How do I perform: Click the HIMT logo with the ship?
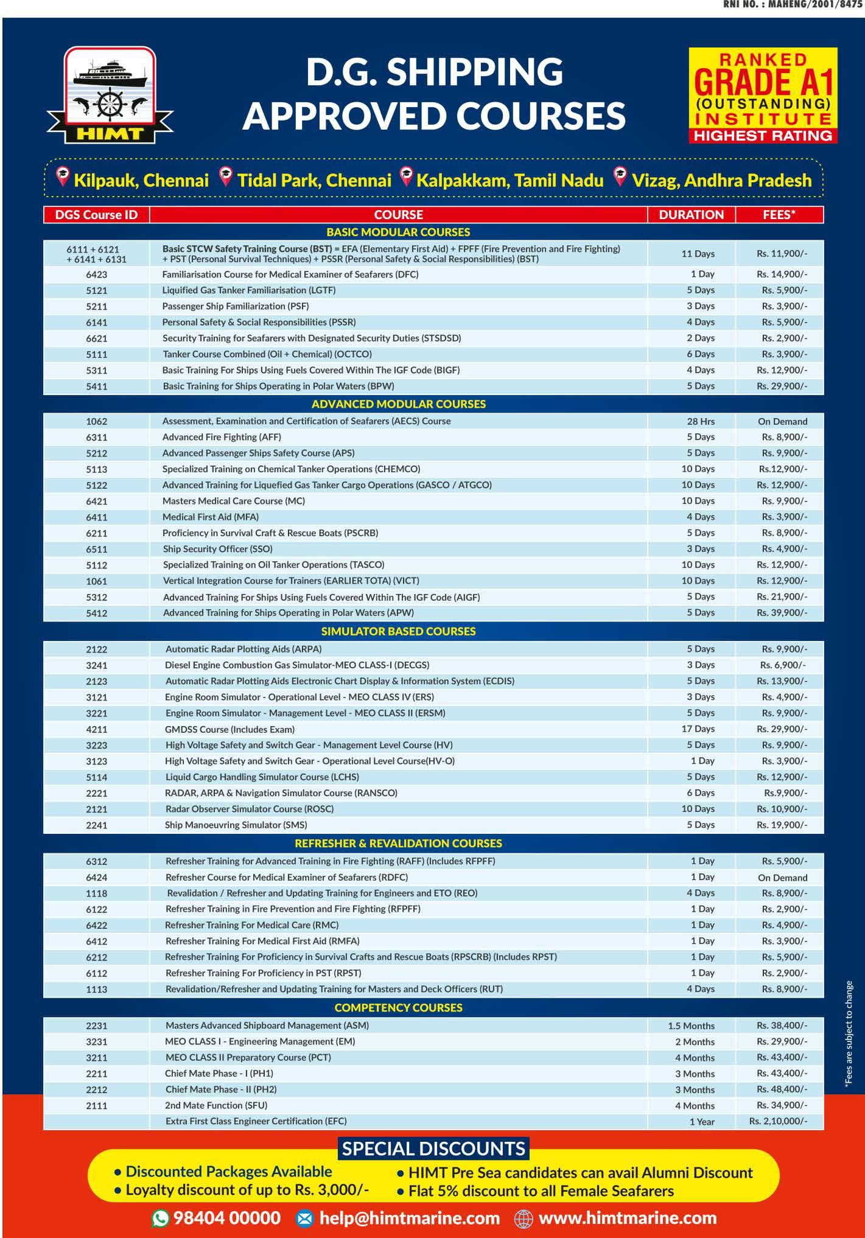tap(110, 96)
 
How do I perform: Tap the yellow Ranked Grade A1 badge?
tap(763, 96)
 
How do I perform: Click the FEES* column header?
tap(779, 215)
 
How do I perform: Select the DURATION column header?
tap(691, 215)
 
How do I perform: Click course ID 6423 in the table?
tap(96, 275)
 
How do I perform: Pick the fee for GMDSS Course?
tap(782, 729)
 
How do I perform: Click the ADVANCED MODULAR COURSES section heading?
tap(398, 404)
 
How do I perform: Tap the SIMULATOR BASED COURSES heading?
tap(398, 631)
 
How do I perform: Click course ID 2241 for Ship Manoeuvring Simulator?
tap(96, 825)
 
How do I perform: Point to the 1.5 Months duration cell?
tap(691, 1026)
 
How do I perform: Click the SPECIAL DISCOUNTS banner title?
tap(433, 1149)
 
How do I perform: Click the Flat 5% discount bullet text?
tap(541, 1191)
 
